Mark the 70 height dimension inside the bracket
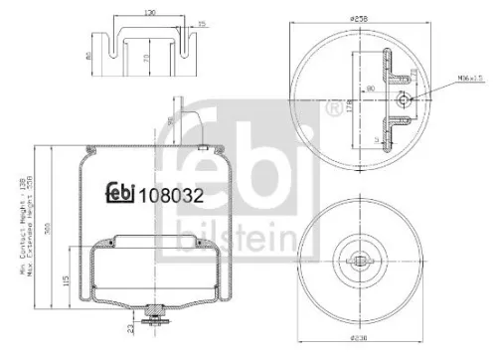[x=146, y=61]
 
